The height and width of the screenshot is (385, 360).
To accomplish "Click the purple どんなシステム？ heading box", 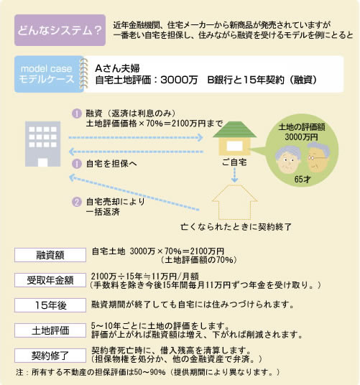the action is [x=60, y=30].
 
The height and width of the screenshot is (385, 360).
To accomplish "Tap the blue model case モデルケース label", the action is [x=49, y=74].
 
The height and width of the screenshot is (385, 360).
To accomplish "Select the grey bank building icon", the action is [x=42, y=144].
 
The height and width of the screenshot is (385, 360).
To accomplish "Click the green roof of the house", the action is [x=234, y=129].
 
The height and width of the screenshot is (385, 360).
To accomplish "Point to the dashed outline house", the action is [x=235, y=202].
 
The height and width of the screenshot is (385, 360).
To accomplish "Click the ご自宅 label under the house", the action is [x=234, y=162].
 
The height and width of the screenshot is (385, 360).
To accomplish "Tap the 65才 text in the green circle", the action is [x=303, y=180].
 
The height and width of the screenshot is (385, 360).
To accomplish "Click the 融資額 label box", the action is [x=50, y=255].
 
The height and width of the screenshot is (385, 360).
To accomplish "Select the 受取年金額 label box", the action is [x=50, y=280].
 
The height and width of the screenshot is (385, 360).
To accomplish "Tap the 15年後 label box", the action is [x=50, y=305].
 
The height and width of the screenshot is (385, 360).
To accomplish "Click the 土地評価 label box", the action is [x=50, y=330].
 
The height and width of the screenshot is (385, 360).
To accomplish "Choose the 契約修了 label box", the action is [x=50, y=356].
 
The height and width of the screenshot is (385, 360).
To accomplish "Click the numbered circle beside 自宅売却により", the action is [x=77, y=202].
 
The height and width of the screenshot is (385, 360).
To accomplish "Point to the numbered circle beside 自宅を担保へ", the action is [x=77, y=164].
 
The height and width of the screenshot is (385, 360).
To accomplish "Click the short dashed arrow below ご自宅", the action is [x=235, y=175].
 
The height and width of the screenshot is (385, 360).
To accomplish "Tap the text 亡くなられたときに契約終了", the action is [x=236, y=227].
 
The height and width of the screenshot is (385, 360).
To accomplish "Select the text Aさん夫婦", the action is [x=117, y=68].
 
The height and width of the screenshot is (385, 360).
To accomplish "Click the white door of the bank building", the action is [x=42, y=162].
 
